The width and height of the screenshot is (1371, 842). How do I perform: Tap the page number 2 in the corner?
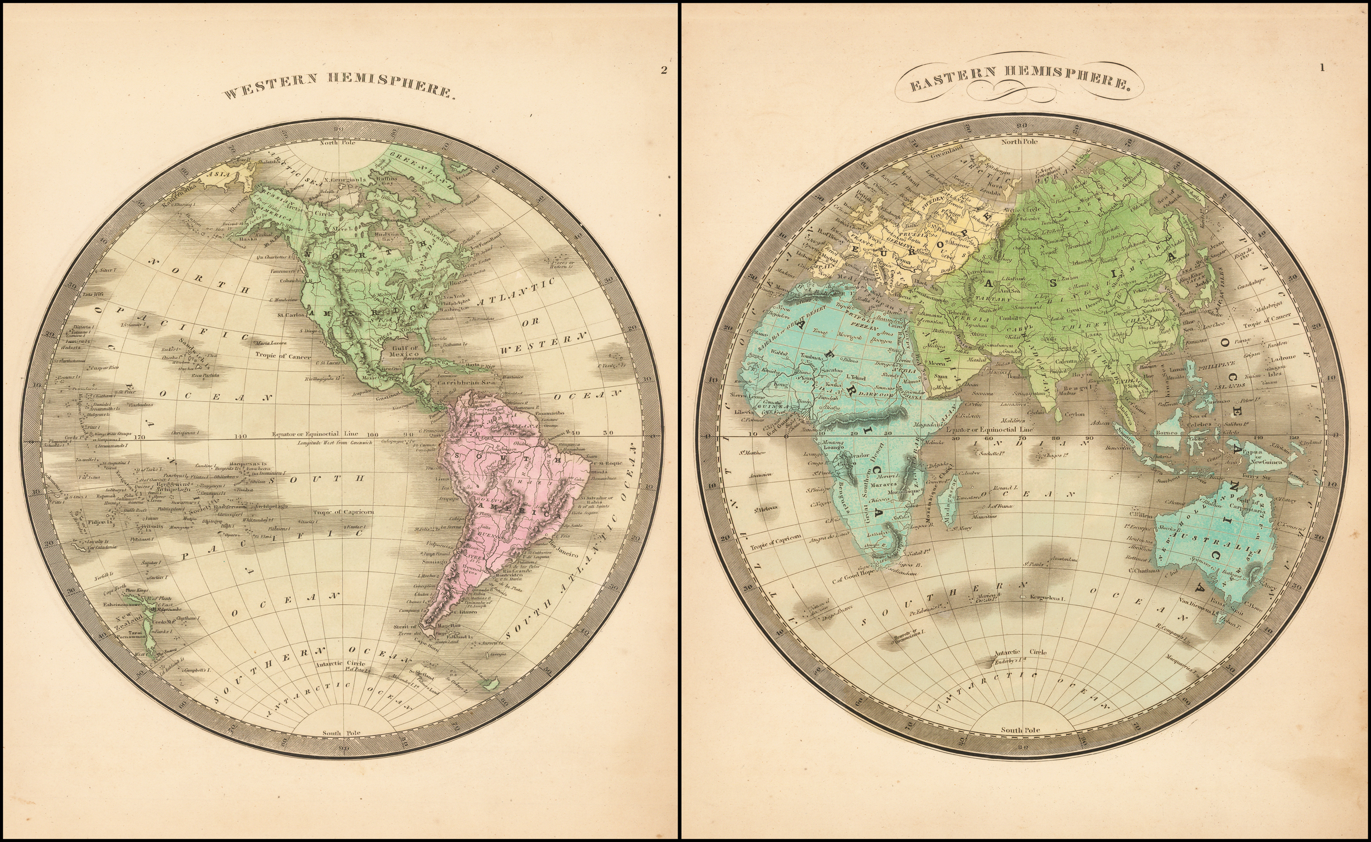663,70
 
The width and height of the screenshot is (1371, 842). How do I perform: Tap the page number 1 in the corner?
1323,68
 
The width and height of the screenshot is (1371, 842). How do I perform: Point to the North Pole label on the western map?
337,143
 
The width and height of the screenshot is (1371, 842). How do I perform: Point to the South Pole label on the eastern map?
1020,729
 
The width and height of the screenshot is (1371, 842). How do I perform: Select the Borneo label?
1167,432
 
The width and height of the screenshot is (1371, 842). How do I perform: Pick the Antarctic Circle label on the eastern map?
1020,652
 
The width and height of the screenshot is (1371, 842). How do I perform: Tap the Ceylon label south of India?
1075,414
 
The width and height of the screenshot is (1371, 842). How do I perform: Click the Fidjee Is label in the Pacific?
100,523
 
